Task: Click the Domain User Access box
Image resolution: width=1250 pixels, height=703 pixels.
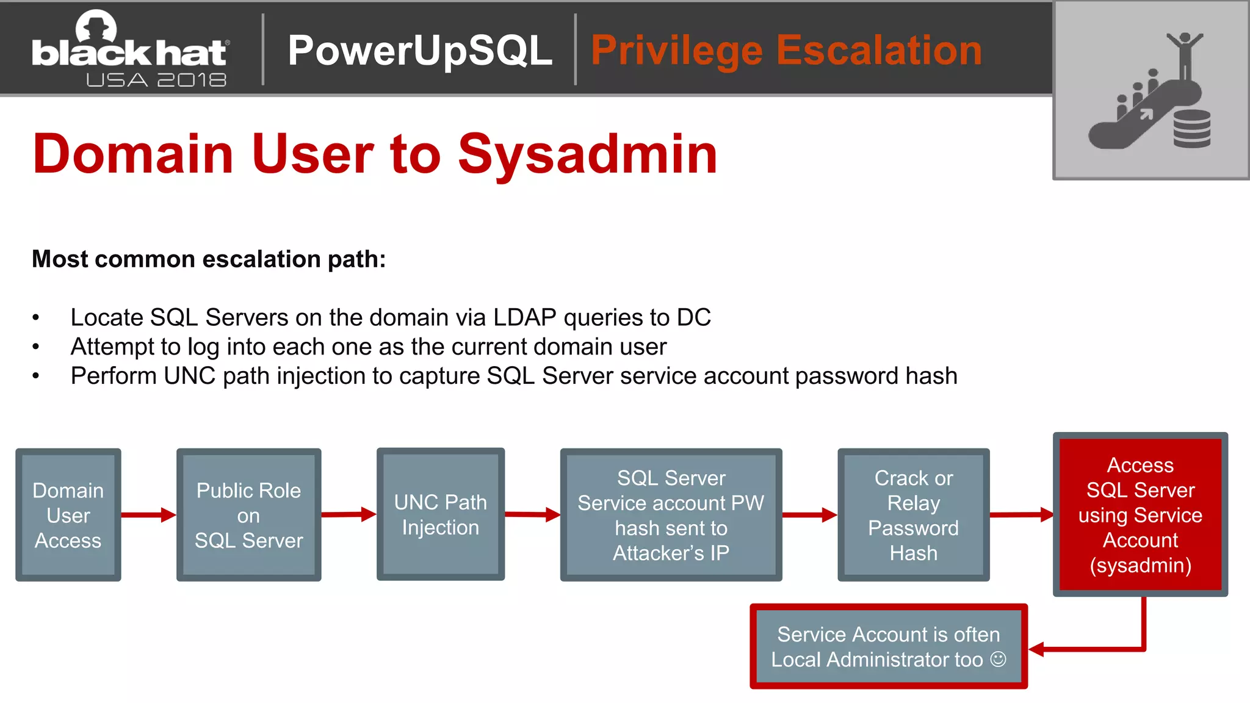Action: click(68, 515)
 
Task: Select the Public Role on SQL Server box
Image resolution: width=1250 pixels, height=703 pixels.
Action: click(248, 515)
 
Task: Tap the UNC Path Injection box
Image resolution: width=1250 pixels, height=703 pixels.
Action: click(440, 514)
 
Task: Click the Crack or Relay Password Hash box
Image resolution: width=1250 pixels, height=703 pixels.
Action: click(913, 515)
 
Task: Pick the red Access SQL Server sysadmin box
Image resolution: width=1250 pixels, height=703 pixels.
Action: click(1140, 514)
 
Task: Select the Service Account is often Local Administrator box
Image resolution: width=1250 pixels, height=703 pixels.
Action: click(888, 646)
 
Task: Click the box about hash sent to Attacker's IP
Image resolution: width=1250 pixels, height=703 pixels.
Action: click(671, 515)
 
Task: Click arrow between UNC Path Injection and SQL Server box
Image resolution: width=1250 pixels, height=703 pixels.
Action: click(532, 514)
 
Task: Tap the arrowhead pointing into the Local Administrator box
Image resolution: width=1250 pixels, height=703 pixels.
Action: click(1038, 649)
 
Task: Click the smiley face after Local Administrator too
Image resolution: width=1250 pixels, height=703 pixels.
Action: click(998, 659)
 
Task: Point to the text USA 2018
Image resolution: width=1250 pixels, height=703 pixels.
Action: click(156, 80)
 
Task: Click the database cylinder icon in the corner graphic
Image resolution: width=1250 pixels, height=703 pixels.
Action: click(1191, 128)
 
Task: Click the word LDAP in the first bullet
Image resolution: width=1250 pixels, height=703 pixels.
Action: click(524, 317)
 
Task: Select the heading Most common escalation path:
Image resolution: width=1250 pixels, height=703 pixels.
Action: click(209, 259)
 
